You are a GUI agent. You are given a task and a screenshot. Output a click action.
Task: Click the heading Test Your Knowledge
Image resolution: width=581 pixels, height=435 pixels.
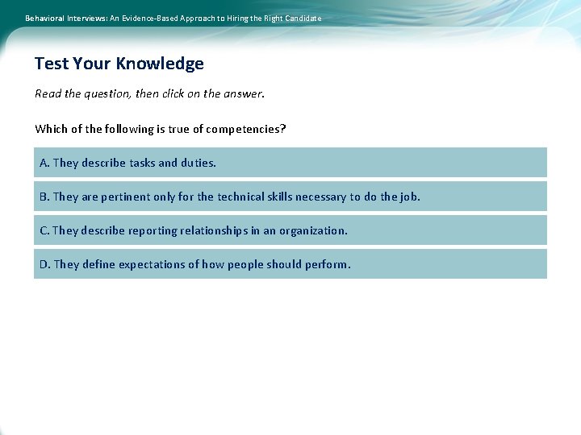tap(119, 64)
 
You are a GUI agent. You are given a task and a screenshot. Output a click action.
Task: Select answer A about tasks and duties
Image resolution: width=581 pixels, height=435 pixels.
tap(290, 163)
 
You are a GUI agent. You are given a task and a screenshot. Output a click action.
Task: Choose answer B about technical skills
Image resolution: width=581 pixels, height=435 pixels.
tap(290, 197)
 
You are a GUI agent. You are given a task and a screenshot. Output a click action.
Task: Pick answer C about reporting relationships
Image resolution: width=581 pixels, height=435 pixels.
tap(290, 230)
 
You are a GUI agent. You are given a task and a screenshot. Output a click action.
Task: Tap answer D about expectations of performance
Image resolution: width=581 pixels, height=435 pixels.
tap(290, 264)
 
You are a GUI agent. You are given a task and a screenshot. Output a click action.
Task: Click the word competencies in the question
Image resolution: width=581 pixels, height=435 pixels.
tap(245, 129)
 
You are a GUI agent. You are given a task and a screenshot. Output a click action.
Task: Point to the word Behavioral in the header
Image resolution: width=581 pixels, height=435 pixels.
tap(48, 18)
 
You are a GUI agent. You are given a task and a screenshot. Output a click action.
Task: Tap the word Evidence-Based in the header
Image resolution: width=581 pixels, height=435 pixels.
tap(148, 18)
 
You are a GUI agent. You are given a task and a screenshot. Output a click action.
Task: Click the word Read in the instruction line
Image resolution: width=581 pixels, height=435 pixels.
tap(48, 93)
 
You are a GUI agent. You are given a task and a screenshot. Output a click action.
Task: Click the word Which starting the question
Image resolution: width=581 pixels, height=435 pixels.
tap(51, 129)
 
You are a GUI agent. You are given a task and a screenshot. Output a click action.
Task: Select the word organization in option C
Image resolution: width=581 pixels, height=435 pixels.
tap(313, 230)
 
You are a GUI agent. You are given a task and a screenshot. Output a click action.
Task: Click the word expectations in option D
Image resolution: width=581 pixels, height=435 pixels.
tap(152, 264)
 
